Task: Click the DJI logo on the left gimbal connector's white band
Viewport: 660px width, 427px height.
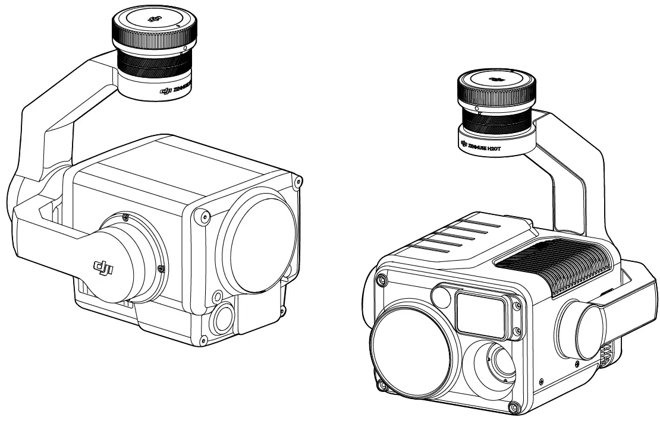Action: coord(166,91)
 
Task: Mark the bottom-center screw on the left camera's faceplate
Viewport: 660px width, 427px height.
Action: coord(204,339)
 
